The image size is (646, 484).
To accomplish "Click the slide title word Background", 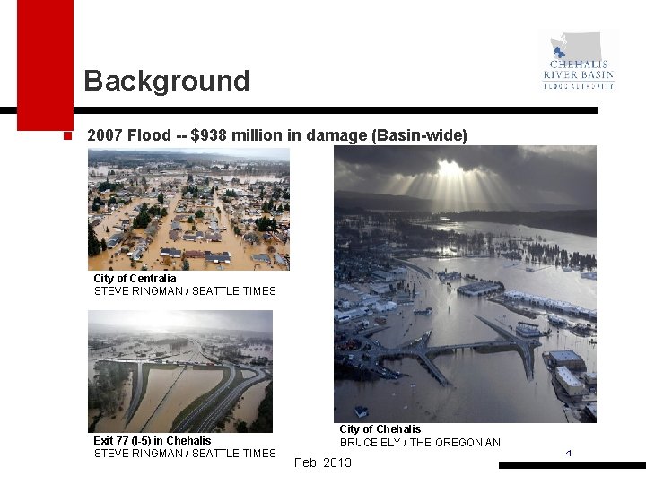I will click(x=166, y=81).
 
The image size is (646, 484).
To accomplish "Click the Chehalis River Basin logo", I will click(x=579, y=62).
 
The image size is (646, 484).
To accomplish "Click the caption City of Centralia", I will click(x=135, y=279).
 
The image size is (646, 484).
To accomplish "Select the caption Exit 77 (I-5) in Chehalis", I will click(x=153, y=441).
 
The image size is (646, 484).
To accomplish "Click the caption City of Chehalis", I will click(x=380, y=429).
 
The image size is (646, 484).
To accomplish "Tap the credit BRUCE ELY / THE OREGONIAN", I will click(x=420, y=442).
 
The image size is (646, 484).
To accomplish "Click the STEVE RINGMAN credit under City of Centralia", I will click(x=185, y=291).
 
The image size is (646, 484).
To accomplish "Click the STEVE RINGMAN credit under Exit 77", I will click(x=185, y=454).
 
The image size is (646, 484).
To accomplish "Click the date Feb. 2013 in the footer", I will click(x=323, y=462).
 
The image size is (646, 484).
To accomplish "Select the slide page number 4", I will click(x=568, y=453).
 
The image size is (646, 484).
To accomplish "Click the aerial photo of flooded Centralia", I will click(x=188, y=209).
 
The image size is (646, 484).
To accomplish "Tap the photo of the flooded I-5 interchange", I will click(x=179, y=371).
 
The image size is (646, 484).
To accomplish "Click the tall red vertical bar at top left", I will click(x=45, y=63).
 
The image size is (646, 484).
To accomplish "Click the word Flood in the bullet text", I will click(x=149, y=135).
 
